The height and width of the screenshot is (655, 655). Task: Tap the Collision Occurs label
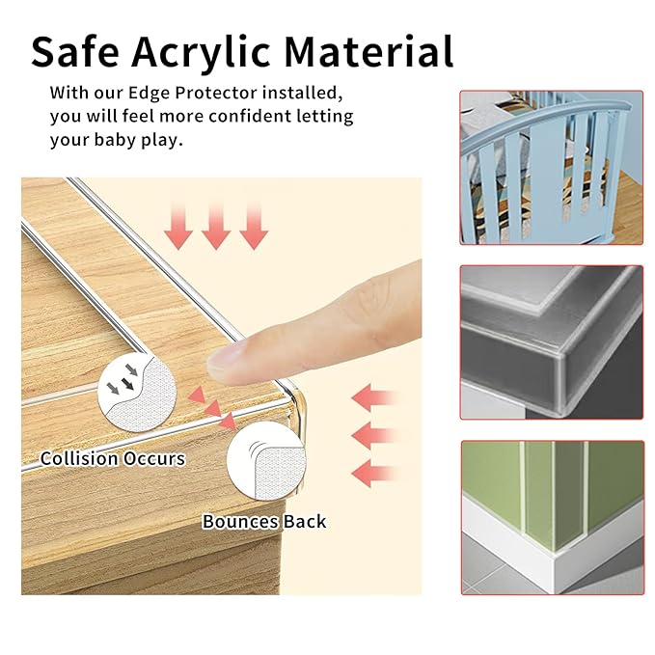pos(112,458)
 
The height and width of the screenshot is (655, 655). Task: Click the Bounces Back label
pos(264,522)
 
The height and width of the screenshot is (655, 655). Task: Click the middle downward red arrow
pos(215,226)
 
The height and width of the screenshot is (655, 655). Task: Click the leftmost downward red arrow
pos(178,226)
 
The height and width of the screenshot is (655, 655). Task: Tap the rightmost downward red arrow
pos(253,226)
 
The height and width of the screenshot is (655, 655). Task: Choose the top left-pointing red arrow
pos(374,396)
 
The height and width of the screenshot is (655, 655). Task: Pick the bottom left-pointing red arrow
pos(374,474)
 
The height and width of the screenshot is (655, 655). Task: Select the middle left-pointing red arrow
pos(374,435)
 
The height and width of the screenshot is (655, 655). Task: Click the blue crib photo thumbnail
pos(551,167)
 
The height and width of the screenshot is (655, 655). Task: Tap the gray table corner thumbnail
pos(551,341)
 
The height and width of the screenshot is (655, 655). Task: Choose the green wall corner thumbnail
pos(551,517)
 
